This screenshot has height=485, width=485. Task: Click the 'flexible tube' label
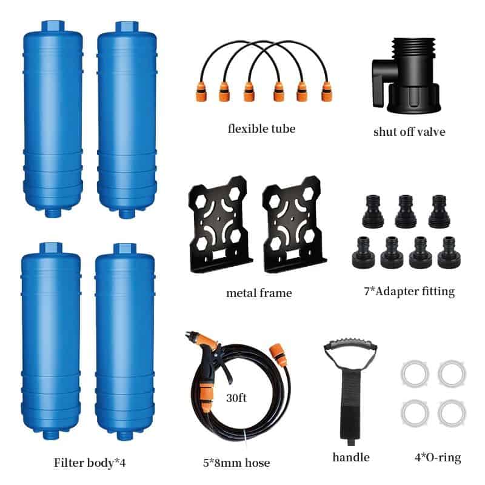point(261,129)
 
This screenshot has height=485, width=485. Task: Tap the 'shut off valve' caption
point(409,131)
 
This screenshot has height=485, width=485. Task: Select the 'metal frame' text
point(259,293)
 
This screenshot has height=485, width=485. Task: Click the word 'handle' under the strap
point(351,457)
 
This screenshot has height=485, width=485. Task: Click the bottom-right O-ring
point(452,412)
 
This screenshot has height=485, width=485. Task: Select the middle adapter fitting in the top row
point(406,213)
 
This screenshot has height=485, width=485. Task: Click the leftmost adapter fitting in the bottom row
point(363,252)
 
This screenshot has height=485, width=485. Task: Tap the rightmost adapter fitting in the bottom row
point(449,252)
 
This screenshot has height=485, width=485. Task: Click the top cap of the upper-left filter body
point(53,27)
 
